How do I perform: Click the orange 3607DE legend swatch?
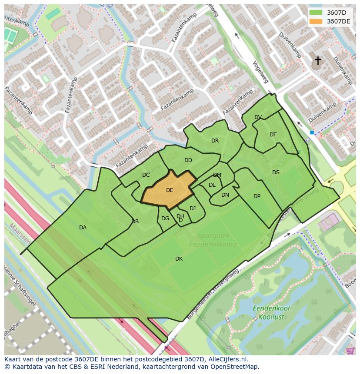click(316, 21)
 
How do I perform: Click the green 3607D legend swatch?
click(316, 13)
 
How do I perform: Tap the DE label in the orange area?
click(170, 190)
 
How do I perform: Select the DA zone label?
click(83, 228)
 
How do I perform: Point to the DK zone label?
click(179, 259)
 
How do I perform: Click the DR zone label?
click(215, 141)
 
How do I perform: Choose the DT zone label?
click(273, 135)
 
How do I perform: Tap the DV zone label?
click(258, 117)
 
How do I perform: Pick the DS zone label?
click(276, 172)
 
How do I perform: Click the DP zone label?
click(257, 196)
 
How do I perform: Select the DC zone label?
click(146, 175)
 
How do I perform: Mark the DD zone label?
click(188, 160)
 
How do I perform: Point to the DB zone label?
click(135, 222)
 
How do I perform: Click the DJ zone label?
click(193, 209)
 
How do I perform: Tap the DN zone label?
click(225, 195)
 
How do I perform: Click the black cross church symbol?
click(318, 60)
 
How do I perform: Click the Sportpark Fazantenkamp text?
click(213, 240)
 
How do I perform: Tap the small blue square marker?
click(312, 132)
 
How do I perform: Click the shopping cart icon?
click(350, 351)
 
